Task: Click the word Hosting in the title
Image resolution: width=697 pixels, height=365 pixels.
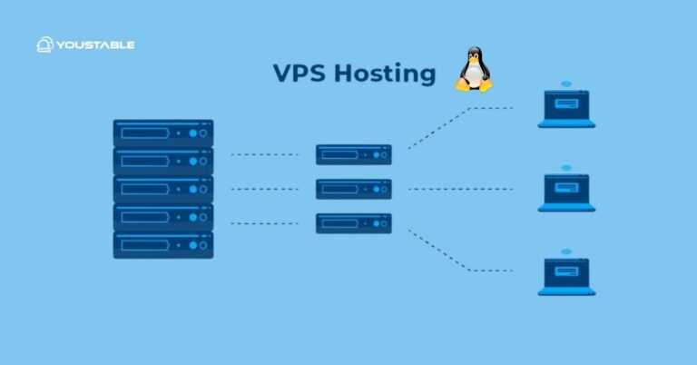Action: coord(385,74)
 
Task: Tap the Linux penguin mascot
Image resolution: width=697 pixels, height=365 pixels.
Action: coord(473,69)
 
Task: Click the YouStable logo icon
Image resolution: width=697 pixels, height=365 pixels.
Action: coord(44,44)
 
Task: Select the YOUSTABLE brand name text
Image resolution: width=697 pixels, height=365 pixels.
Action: coord(96,44)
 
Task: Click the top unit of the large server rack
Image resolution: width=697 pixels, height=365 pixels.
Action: coord(163,133)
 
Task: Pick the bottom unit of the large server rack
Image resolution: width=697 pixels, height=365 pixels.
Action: coord(163,245)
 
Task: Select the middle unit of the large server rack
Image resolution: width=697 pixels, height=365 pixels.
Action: coord(163,189)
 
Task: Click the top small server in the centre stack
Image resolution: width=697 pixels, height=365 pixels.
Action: coord(354,154)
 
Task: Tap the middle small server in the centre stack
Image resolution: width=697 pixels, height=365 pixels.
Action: coord(354,189)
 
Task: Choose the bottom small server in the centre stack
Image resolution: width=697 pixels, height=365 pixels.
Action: coord(354,223)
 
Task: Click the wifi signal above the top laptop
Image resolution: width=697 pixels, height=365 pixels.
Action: coord(566,84)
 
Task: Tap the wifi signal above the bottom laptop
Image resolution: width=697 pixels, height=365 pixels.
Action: coord(566,252)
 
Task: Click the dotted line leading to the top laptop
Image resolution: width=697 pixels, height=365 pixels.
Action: coord(458,121)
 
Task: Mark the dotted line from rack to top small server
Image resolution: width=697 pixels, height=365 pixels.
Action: coord(264,154)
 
